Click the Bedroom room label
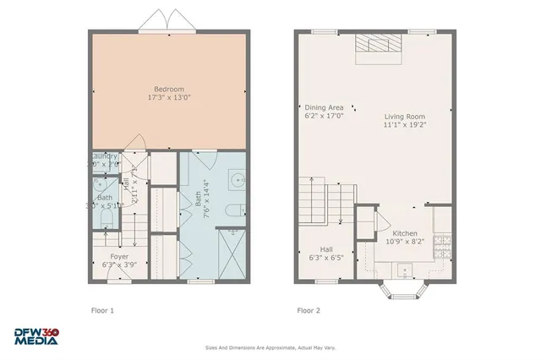click(169, 89)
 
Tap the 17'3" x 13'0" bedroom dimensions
click(169, 98)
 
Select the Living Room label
click(404, 117)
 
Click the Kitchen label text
click(405, 233)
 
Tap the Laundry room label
click(104, 156)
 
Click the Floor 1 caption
click(102, 310)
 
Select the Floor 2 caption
click(308, 310)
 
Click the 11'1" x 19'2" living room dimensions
click(404, 125)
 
